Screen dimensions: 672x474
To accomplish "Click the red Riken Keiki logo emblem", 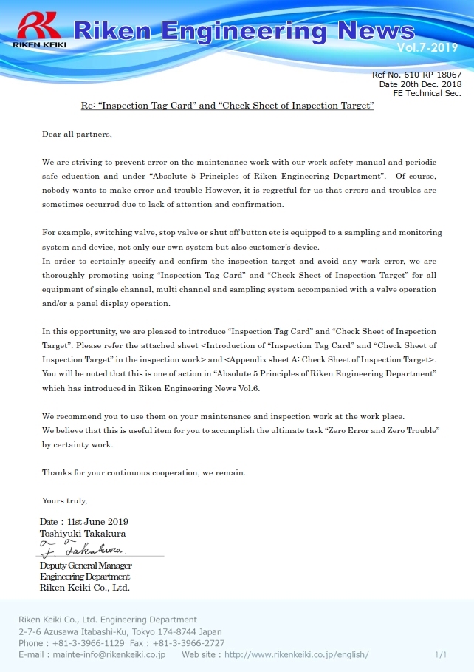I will point(39,27).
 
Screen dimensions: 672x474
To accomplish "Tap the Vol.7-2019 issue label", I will point(427,47).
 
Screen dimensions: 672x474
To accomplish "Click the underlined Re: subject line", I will point(227,106).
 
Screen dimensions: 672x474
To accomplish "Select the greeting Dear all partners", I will point(77,134).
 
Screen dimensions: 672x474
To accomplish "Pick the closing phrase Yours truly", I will point(64,500).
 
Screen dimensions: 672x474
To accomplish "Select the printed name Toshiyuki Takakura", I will point(82,533).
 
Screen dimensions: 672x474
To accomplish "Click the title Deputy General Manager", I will point(86,566).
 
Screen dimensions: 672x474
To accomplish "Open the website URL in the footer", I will point(296,655).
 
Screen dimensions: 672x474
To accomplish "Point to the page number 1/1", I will point(441,655).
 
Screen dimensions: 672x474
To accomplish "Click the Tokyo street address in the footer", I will point(120,631).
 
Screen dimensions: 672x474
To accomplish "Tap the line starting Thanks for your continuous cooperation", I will point(143,472).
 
